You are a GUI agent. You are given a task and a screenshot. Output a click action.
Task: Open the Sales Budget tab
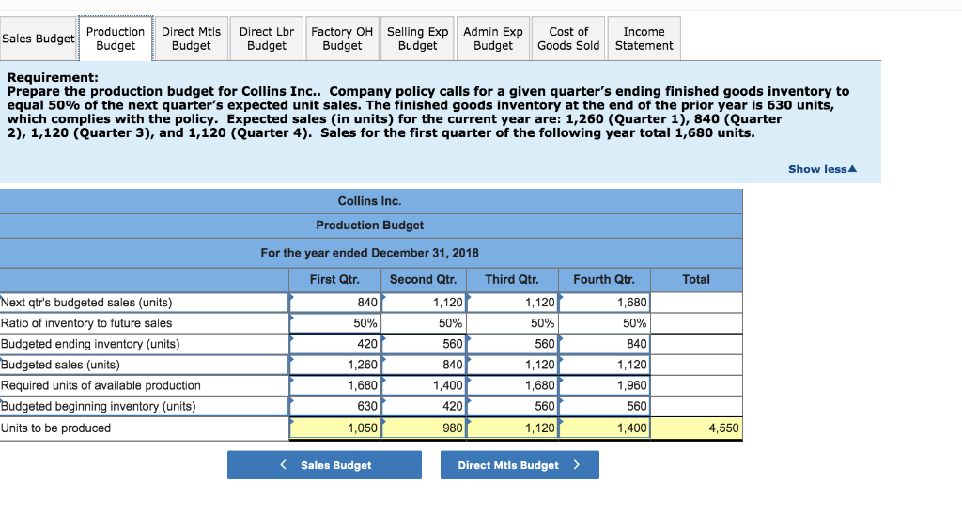[39, 39]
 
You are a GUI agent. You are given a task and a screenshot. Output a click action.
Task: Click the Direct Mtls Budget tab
[191, 39]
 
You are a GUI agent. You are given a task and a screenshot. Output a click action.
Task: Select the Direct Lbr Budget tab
[267, 39]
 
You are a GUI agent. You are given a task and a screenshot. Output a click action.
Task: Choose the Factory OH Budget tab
[342, 39]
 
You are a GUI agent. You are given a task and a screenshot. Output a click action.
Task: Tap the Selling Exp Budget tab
[418, 39]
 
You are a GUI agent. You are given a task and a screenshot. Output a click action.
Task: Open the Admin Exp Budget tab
[493, 39]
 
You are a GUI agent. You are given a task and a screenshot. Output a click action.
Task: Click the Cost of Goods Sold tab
[568, 39]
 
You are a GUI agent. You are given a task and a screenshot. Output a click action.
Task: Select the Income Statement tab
[644, 39]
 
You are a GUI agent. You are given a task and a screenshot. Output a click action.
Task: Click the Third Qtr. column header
[512, 279]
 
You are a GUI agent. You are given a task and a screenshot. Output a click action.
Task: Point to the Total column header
[696, 279]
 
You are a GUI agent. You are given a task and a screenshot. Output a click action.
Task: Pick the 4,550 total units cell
[696, 428]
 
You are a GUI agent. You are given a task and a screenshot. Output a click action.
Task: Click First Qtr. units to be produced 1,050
[336, 428]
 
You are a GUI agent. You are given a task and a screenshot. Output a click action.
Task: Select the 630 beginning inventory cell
[336, 406]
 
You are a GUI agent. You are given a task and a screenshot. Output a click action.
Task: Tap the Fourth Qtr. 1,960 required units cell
[604, 385]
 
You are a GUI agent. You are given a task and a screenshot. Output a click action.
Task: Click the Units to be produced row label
[55, 428]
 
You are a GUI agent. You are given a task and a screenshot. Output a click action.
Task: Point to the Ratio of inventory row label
[86, 323]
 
